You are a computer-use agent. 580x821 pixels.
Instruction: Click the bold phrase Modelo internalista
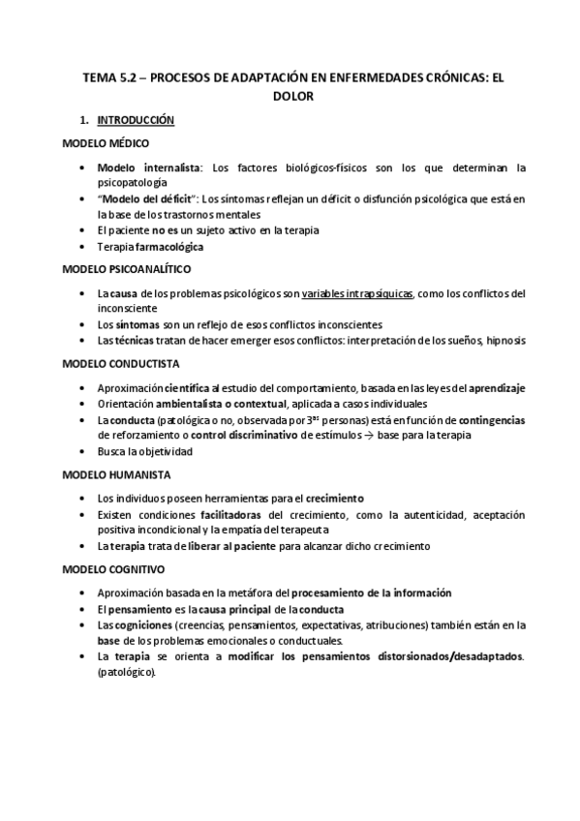[x=150, y=167]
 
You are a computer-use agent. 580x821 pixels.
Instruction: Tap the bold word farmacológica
[x=169, y=246]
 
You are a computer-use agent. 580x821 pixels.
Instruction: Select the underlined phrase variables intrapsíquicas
[x=358, y=292]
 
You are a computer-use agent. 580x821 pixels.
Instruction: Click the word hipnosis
[x=504, y=340]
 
